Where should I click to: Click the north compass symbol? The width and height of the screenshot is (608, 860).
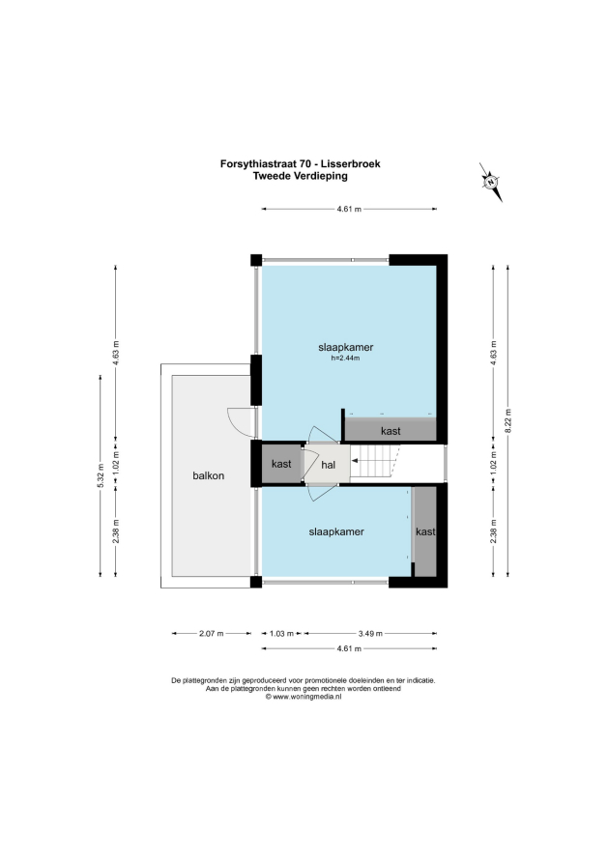491,182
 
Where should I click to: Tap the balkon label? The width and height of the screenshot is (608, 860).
209,475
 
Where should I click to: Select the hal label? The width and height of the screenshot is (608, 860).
328,465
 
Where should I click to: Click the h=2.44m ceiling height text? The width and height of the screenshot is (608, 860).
345,358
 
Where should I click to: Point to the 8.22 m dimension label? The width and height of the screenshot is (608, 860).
508,420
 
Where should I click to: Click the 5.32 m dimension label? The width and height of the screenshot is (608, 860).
100,475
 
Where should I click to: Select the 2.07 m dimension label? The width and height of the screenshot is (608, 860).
212,634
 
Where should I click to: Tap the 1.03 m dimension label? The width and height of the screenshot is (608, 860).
281,634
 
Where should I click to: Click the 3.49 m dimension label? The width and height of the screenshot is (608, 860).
370,634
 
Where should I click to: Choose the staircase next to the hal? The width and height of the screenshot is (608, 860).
376,461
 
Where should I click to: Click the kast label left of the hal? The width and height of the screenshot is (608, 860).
281,464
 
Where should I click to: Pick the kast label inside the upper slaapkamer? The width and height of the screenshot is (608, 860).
391,431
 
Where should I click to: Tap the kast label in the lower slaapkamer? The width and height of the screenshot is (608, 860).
425,531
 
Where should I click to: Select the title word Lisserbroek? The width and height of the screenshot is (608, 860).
351,163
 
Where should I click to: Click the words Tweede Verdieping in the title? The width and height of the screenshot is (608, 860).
301,176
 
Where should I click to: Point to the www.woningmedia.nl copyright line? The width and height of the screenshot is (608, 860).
304,697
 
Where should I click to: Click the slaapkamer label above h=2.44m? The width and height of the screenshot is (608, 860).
346,347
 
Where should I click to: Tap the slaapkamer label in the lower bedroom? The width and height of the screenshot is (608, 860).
336,531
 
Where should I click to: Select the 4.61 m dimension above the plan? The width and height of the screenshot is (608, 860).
349,209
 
